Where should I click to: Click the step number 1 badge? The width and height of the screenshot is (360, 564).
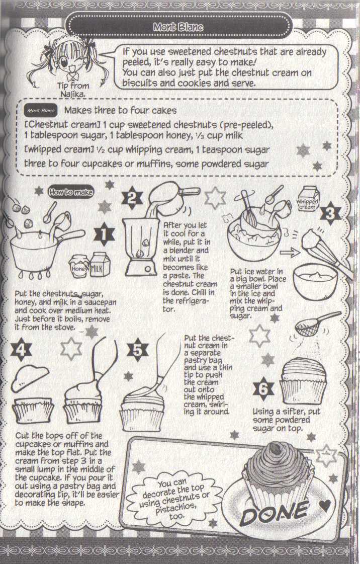tap(104, 234)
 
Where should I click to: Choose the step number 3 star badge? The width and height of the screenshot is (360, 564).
tap(330, 213)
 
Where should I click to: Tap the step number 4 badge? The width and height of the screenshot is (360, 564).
tap(22, 351)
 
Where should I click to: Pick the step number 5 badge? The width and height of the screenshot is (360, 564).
tap(138, 350)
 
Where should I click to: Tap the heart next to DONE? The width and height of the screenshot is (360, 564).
tap(325, 506)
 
